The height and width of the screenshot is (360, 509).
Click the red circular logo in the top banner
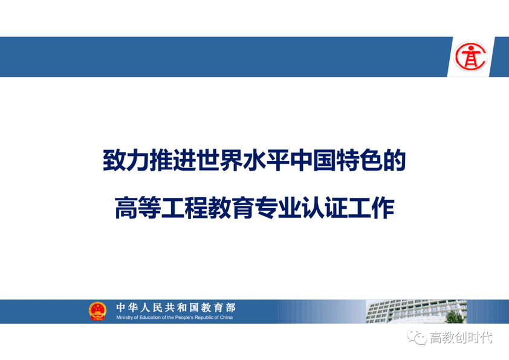[470, 56]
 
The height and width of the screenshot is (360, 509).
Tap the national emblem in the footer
[97, 311]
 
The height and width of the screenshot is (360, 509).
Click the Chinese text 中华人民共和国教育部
[176, 307]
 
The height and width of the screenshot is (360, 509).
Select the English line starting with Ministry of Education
[175, 318]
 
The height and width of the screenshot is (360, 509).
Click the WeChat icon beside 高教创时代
[417, 336]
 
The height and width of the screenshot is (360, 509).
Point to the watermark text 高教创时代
[461, 338]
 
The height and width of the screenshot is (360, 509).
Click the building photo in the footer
[417, 311]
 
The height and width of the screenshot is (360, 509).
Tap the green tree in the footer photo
[454, 316]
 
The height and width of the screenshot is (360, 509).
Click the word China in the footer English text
[226, 318]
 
